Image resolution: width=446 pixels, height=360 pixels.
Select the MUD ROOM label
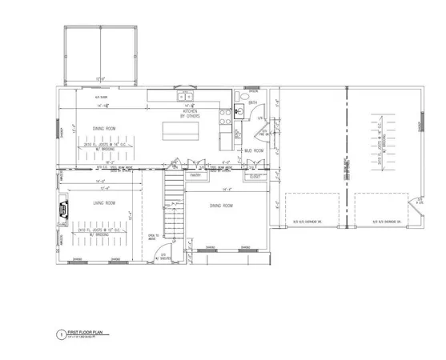coord(255,149)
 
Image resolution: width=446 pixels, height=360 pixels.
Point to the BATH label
coord(253,103)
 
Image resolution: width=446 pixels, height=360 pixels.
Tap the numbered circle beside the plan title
coord(60,334)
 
